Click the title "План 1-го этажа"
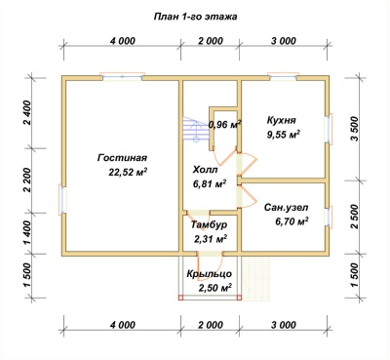(x=195, y=17)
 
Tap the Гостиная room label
(x=122, y=158)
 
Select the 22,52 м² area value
(x=128, y=172)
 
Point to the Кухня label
(x=282, y=120)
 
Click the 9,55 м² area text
(x=283, y=134)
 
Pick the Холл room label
(x=205, y=170)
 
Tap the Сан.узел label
(x=286, y=208)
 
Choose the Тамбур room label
(x=209, y=225)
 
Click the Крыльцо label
(x=210, y=274)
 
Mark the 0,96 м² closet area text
(x=225, y=125)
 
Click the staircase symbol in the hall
(x=196, y=129)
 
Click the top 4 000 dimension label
(x=122, y=41)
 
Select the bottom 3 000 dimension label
(x=283, y=325)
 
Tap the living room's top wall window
(x=123, y=76)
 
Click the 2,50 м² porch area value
(x=214, y=288)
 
